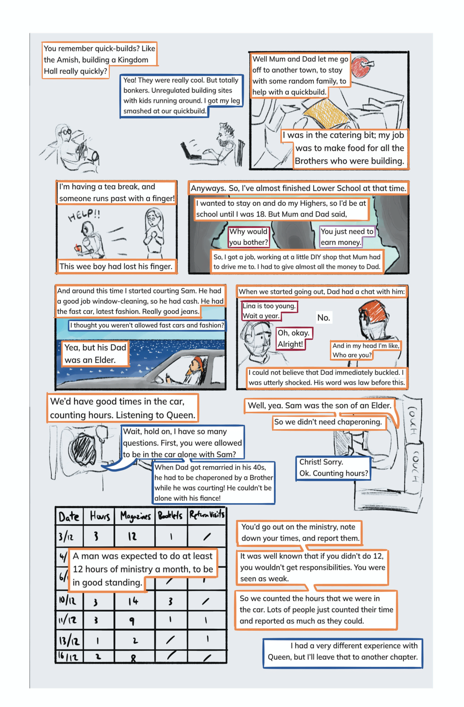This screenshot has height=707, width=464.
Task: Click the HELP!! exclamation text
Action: (84, 215)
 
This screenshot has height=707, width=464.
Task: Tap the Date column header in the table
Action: (69, 516)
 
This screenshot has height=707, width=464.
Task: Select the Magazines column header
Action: (135, 516)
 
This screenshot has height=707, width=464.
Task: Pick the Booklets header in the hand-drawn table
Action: (170, 516)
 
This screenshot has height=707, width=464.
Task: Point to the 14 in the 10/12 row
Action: (133, 601)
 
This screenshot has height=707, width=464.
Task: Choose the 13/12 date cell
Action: (69, 640)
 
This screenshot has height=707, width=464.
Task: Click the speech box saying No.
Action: (324, 318)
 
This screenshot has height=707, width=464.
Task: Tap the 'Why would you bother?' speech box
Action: (249, 237)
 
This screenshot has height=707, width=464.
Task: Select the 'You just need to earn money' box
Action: (347, 237)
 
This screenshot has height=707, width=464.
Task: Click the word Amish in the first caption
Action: (68, 60)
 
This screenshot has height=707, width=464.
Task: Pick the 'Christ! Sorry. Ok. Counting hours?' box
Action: (333, 468)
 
